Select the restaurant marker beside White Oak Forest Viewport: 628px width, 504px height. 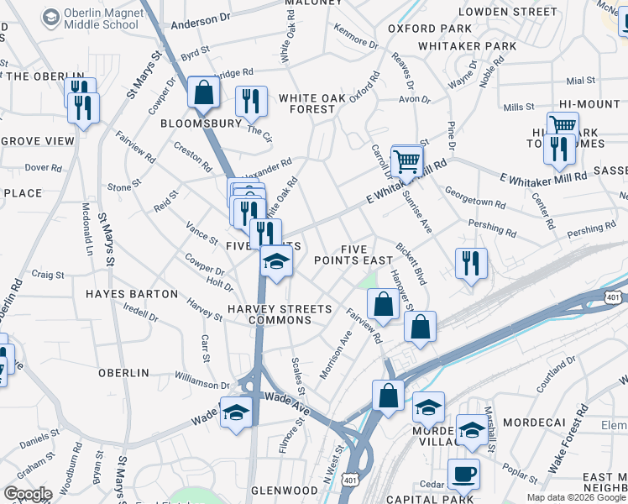click(251, 102)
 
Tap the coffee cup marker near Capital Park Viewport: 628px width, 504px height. click(463, 474)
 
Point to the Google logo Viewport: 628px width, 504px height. click(27, 494)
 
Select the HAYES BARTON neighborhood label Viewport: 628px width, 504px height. click(132, 294)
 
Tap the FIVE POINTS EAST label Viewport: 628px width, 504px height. click(353, 255)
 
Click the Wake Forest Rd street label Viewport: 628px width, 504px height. click(579, 431)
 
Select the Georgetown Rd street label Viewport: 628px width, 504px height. click(474, 197)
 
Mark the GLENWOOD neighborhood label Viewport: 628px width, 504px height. click(284, 490)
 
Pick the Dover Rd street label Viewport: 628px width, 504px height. click(39, 167)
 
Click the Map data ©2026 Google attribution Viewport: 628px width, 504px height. click(576, 497)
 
